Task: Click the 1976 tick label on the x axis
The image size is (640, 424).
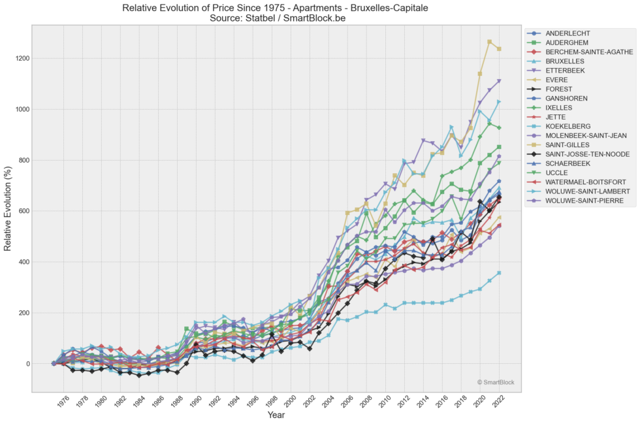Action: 63,404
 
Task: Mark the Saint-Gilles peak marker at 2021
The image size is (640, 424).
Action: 490,42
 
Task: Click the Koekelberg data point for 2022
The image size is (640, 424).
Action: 500,273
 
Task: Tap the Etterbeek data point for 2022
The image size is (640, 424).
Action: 500,81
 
